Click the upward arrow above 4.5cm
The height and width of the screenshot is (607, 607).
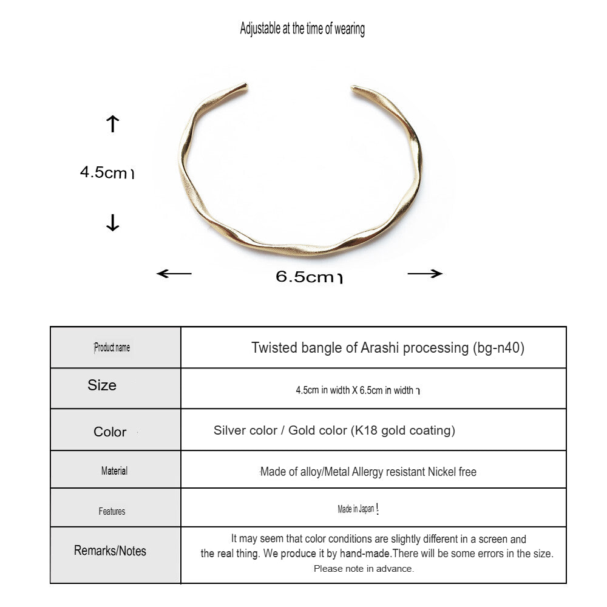pyautogui.click(x=112, y=124)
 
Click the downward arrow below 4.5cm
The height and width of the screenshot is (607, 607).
pyautogui.click(x=112, y=223)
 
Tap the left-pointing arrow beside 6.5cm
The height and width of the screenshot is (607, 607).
pyautogui.click(x=174, y=274)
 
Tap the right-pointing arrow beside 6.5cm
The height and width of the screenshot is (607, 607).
pyautogui.click(x=425, y=274)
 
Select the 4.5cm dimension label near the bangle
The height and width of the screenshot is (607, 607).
pyautogui.click(x=106, y=172)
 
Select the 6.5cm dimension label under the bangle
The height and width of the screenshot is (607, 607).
pyautogui.click(x=308, y=277)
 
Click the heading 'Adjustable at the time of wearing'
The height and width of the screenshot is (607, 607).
pyautogui.click(x=302, y=29)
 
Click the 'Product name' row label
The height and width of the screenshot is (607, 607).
pyautogui.click(x=112, y=348)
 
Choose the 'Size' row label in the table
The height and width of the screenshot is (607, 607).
pyautogui.click(x=102, y=385)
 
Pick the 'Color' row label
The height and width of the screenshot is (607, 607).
pyautogui.click(x=110, y=432)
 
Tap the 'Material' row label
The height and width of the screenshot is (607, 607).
pyautogui.click(x=114, y=470)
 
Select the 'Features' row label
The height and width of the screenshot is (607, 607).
pyautogui.click(x=112, y=512)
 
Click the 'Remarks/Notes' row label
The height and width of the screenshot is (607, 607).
pyautogui.click(x=110, y=551)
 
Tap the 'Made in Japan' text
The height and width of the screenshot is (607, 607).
pyautogui.click(x=356, y=510)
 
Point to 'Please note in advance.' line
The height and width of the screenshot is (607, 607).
pyautogui.click(x=364, y=569)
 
